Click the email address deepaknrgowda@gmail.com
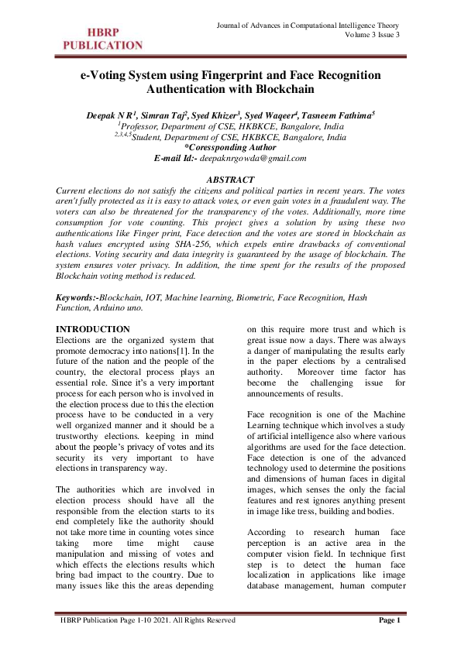pos(253,157)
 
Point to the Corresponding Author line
pos(230,147)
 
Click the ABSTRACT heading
pos(230,180)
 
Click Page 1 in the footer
pos(389,642)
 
